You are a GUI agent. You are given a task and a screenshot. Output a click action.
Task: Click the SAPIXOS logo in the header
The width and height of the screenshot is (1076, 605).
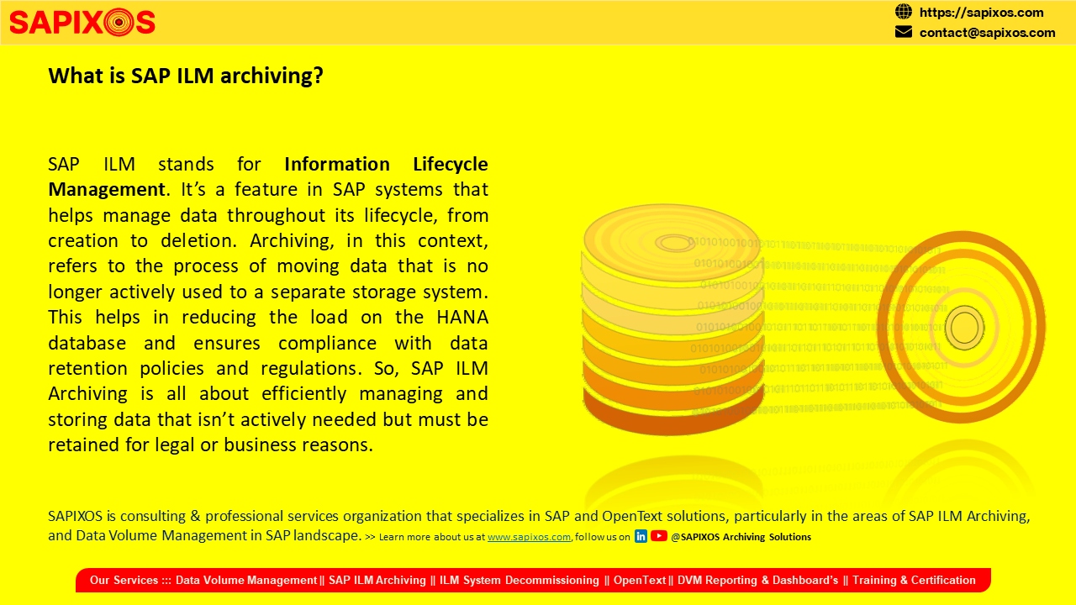coord(82,22)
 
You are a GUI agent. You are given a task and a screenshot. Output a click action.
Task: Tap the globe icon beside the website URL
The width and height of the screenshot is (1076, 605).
coord(903,12)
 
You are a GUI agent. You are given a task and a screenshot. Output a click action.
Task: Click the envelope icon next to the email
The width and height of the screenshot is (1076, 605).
coord(903,32)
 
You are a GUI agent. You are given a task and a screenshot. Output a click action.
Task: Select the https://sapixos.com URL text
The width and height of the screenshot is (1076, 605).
coord(981,13)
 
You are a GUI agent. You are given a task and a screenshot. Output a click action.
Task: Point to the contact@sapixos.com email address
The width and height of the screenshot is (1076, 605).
coord(987,33)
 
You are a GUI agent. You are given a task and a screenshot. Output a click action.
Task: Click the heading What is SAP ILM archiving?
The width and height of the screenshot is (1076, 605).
coord(186,76)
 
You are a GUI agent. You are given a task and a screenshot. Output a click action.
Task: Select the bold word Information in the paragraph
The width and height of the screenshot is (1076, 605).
coord(337,164)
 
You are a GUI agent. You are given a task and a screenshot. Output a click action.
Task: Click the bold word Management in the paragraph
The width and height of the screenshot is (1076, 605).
coord(107,190)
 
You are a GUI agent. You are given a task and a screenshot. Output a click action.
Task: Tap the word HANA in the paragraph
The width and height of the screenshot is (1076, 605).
coord(462,318)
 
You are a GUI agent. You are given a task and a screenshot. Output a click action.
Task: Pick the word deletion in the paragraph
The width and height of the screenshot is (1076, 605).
coord(198,240)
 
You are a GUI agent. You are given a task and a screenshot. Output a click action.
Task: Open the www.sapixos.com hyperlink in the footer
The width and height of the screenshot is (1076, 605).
coord(529,537)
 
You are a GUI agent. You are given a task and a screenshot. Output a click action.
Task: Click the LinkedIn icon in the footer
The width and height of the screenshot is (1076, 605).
coord(641,536)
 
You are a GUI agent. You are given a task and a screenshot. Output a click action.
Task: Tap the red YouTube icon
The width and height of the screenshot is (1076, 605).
coord(658,536)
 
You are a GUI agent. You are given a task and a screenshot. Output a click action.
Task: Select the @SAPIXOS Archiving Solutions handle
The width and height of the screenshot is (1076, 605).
coord(741,537)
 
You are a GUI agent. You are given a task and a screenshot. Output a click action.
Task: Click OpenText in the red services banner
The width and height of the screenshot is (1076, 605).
coord(640,580)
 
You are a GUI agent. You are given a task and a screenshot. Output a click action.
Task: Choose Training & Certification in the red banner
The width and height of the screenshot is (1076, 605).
coord(914,580)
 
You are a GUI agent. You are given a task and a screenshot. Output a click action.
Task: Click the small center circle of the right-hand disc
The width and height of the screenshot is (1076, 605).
coord(964,328)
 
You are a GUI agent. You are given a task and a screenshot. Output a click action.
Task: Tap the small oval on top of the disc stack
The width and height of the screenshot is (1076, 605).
coord(674,243)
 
